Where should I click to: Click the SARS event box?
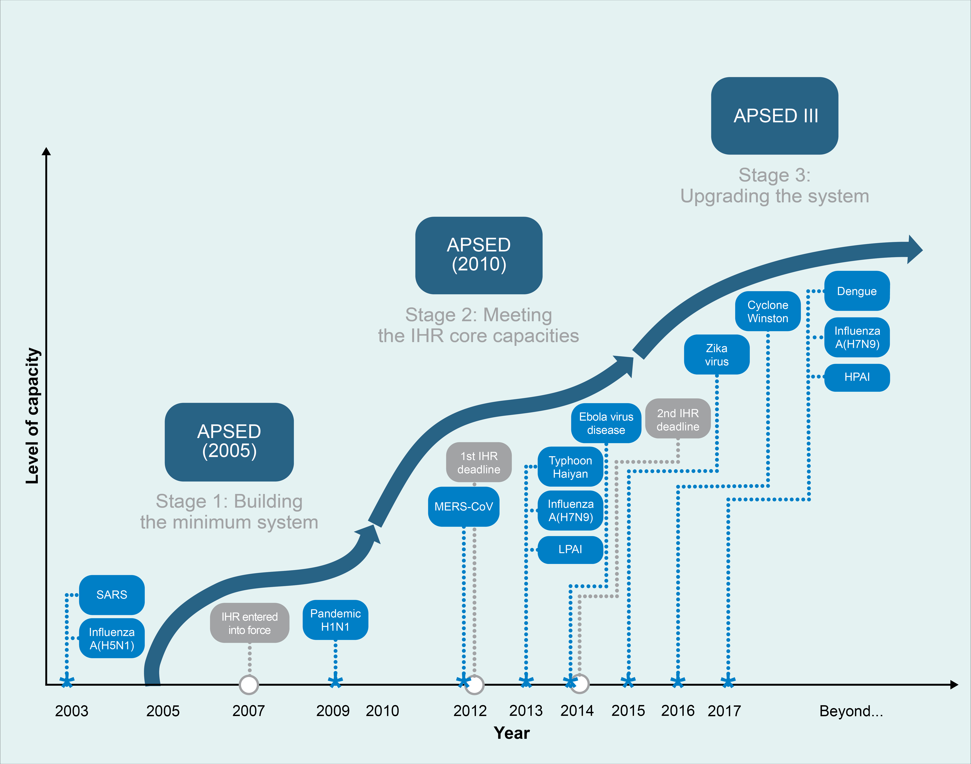(x=112, y=594)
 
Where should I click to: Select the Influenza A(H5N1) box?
(x=112, y=638)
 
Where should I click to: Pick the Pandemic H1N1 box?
(x=336, y=620)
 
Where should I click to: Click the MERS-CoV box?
(x=463, y=506)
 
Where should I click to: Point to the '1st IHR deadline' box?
(x=479, y=462)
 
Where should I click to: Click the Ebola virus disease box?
(x=606, y=423)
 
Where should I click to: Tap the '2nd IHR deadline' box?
(x=678, y=420)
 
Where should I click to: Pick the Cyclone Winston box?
(x=768, y=311)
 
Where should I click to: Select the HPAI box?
(x=857, y=377)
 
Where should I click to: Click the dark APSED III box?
(x=775, y=116)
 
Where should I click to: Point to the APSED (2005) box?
(x=229, y=442)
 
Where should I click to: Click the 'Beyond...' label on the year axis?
(x=851, y=711)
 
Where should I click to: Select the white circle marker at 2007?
(x=249, y=684)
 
